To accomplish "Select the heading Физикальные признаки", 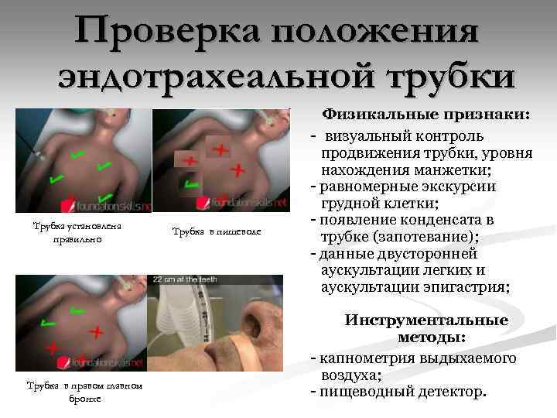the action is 426,115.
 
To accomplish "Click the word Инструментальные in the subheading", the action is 426,320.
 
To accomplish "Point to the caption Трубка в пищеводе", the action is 217,231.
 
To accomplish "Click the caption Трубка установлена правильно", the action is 77,232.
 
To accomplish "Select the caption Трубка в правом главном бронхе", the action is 84,392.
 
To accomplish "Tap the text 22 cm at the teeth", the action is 185,279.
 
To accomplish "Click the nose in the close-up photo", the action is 257,321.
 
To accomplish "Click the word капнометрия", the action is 367,359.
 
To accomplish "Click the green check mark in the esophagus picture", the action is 191,183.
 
